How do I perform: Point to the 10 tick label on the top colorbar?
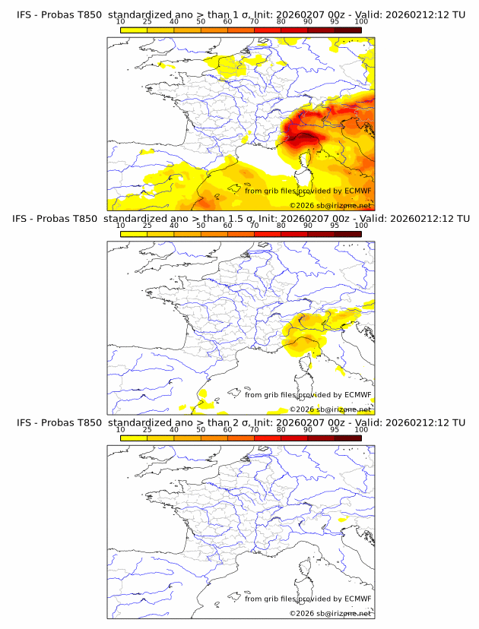pyautogui.click(x=120, y=22)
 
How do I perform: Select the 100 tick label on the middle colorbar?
pyautogui.click(x=361, y=226)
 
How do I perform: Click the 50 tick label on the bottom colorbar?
pyautogui.click(x=201, y=429)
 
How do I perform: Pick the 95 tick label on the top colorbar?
pyautogui.click(x=335, y=22)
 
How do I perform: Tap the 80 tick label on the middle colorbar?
pyautogui.click(x=281, y=226)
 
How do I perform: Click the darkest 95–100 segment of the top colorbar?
pyautogui.click(x=347, y=29)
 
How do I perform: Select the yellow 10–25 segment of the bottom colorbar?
pyautogui.click(x=134, y=437)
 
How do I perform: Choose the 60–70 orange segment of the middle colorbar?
pyautogui.click(x=240, y=233)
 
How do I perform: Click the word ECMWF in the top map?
pyautogui.click(x=357, y=191)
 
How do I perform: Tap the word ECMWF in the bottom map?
pyautogui.click(x=357, y=599)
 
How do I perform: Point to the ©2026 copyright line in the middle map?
pyautogui.click(x=330, y=409)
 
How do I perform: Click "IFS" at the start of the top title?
pyautogui.click(x=24, y=14)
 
